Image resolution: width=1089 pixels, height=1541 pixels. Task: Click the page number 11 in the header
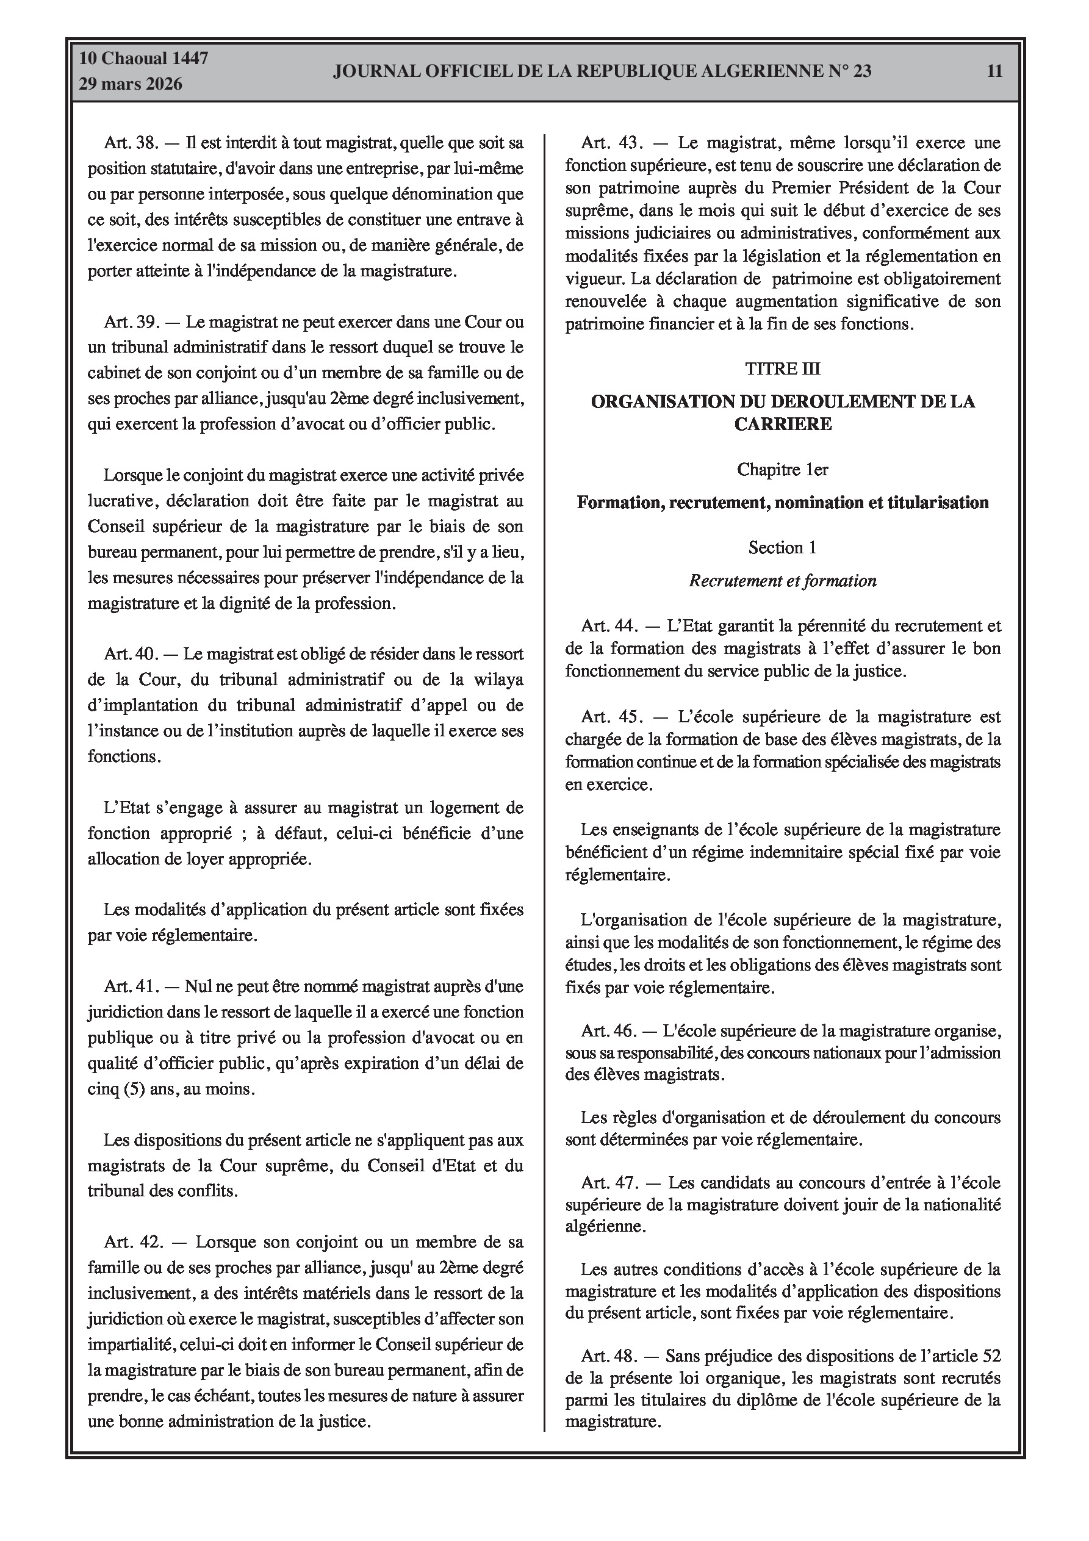pyautogui.click(x=994, y=71)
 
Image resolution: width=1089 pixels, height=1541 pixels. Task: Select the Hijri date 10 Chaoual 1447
pyautogui.click(x=143, y=59)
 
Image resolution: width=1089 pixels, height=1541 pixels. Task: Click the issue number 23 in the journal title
pyautogui.click(x=862, y=71)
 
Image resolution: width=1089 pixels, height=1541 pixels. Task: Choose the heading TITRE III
pyautogui.click(x=782, y=368)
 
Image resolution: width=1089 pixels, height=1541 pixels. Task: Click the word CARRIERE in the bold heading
pyautogui.click(x=783, y=424)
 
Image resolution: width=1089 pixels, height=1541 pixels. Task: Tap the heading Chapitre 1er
pyautogui.click(x=782, y=470)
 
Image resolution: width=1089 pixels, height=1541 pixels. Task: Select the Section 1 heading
pyautogui.click(x=782, y=548)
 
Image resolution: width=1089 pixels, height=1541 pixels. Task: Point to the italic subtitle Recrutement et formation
pyautogui.click(x=782, y=581)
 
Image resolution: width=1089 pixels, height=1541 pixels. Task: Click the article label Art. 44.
pyautogui.click(x=609, y=626)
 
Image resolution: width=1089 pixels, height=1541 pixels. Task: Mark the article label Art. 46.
pyautogui.click(x=608, y=1030)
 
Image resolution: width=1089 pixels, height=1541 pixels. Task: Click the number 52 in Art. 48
pyautogui.click(x=991, y=1356)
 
